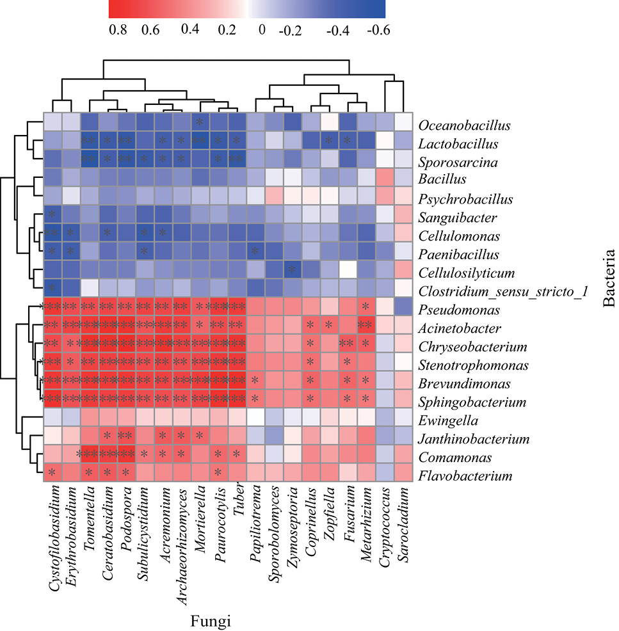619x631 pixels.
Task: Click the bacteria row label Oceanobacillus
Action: (x=465, y=125)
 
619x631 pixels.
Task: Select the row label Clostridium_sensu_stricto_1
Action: (x=503, y=291)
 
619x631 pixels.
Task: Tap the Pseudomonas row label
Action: (x=459, y=310)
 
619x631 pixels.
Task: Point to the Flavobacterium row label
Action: (x=465, y=476)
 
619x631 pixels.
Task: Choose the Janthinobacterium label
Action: (x=474, y=439)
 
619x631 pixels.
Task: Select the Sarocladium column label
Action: (x=403, y=524)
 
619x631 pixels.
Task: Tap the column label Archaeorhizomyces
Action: (x=182, y=547)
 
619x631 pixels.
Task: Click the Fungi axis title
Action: (x=211, y=620)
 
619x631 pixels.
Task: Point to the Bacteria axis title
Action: (x=609, y=278)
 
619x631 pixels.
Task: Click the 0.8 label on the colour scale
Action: (x=118, y=30)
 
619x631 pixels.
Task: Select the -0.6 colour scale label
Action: (x=378, y=30)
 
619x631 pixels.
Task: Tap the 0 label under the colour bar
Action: (x=262, y=30)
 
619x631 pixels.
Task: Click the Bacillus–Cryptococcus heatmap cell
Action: (x=385, y=177)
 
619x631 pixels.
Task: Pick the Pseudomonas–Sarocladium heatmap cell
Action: (x=404, y=307)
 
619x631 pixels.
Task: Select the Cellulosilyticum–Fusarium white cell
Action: (x=348, y=269)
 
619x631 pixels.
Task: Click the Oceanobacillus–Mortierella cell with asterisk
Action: (x=200, y=122)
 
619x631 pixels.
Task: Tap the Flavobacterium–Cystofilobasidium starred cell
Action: (x=52, y=472)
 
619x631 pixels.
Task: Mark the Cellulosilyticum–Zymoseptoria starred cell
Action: (x=293, y=269)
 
